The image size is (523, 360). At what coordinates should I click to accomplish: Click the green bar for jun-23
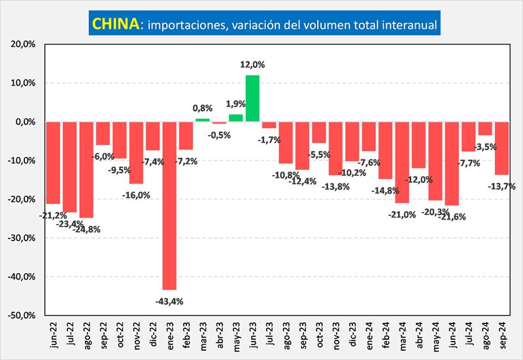tap(252, 99)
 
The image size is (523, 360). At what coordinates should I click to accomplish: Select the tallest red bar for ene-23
tap(169, 205)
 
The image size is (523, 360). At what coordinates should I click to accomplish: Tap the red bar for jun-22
tap(53, 163)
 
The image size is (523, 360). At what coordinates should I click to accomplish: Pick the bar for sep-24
tap(501, 148)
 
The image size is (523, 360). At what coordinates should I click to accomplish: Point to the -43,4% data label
tap(169, 301)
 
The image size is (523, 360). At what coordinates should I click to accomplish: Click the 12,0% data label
tap(254, 65)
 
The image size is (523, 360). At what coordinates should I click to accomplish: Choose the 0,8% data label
tap(203, 108)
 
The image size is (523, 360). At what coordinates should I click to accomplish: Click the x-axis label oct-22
tap(120, 336)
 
